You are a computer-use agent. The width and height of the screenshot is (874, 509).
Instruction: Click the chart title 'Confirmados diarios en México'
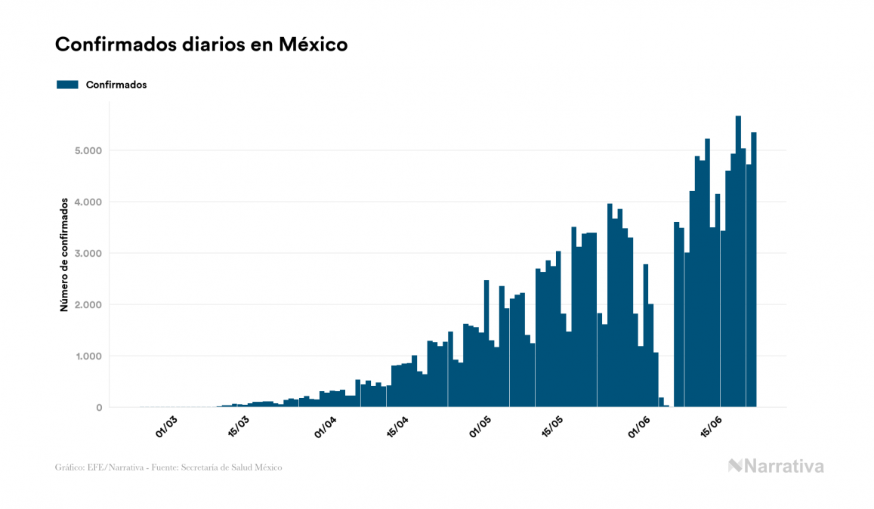201,45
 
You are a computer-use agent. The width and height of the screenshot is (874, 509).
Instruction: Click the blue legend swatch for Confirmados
67,85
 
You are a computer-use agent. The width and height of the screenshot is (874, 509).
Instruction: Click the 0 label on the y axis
97,408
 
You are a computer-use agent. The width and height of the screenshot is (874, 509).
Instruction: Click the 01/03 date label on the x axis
166,426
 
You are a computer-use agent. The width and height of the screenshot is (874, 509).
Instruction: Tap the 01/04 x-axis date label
325,426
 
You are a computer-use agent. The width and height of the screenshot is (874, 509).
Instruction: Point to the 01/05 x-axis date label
480,426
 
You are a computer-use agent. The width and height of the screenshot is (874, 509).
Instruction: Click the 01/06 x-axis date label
638,426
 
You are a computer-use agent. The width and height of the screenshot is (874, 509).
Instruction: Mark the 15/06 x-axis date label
711,426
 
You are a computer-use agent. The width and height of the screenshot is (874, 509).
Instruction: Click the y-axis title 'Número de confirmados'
65,254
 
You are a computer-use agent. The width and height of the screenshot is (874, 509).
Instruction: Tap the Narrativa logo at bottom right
776,466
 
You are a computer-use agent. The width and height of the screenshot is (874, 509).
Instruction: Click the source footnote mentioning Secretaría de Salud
168,467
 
